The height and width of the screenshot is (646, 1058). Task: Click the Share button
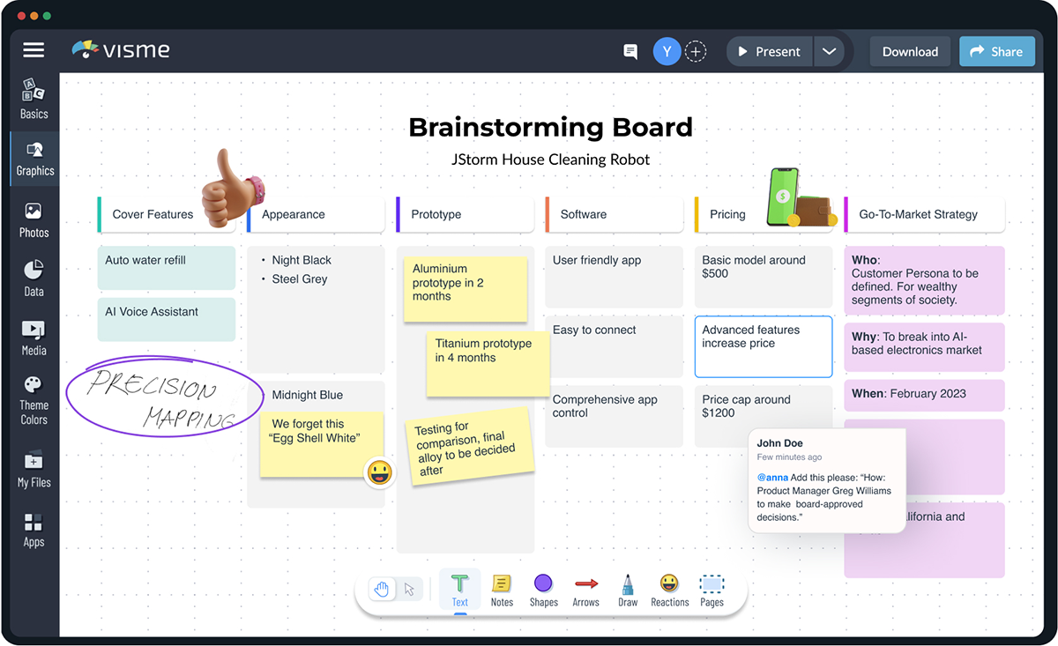(996, 52)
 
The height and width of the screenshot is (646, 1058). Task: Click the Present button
(769, 52)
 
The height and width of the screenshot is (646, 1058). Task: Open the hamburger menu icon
(34, 50)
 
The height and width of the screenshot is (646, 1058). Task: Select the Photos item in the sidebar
(34, 219)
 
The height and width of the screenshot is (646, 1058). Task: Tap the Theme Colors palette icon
(33, 385)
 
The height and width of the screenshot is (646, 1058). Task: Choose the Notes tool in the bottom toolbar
(502, 589)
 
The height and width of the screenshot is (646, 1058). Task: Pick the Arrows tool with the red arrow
(585, 589)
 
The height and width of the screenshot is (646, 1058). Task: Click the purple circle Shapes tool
(543, 589)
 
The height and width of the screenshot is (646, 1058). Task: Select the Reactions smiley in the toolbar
(669, 589)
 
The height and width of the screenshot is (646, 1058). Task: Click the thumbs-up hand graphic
(231, 188)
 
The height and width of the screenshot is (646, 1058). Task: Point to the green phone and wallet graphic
(798, 198)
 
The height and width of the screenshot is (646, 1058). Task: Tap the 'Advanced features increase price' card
(763, 346)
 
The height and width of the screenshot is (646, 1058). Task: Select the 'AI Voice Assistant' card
(166, 319)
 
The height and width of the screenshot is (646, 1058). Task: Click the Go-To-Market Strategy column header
(924, 214)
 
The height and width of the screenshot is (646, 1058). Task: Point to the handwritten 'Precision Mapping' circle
(164, 397)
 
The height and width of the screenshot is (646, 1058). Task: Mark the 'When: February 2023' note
(924, 395)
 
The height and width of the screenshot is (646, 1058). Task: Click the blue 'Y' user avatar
(667, 52)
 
